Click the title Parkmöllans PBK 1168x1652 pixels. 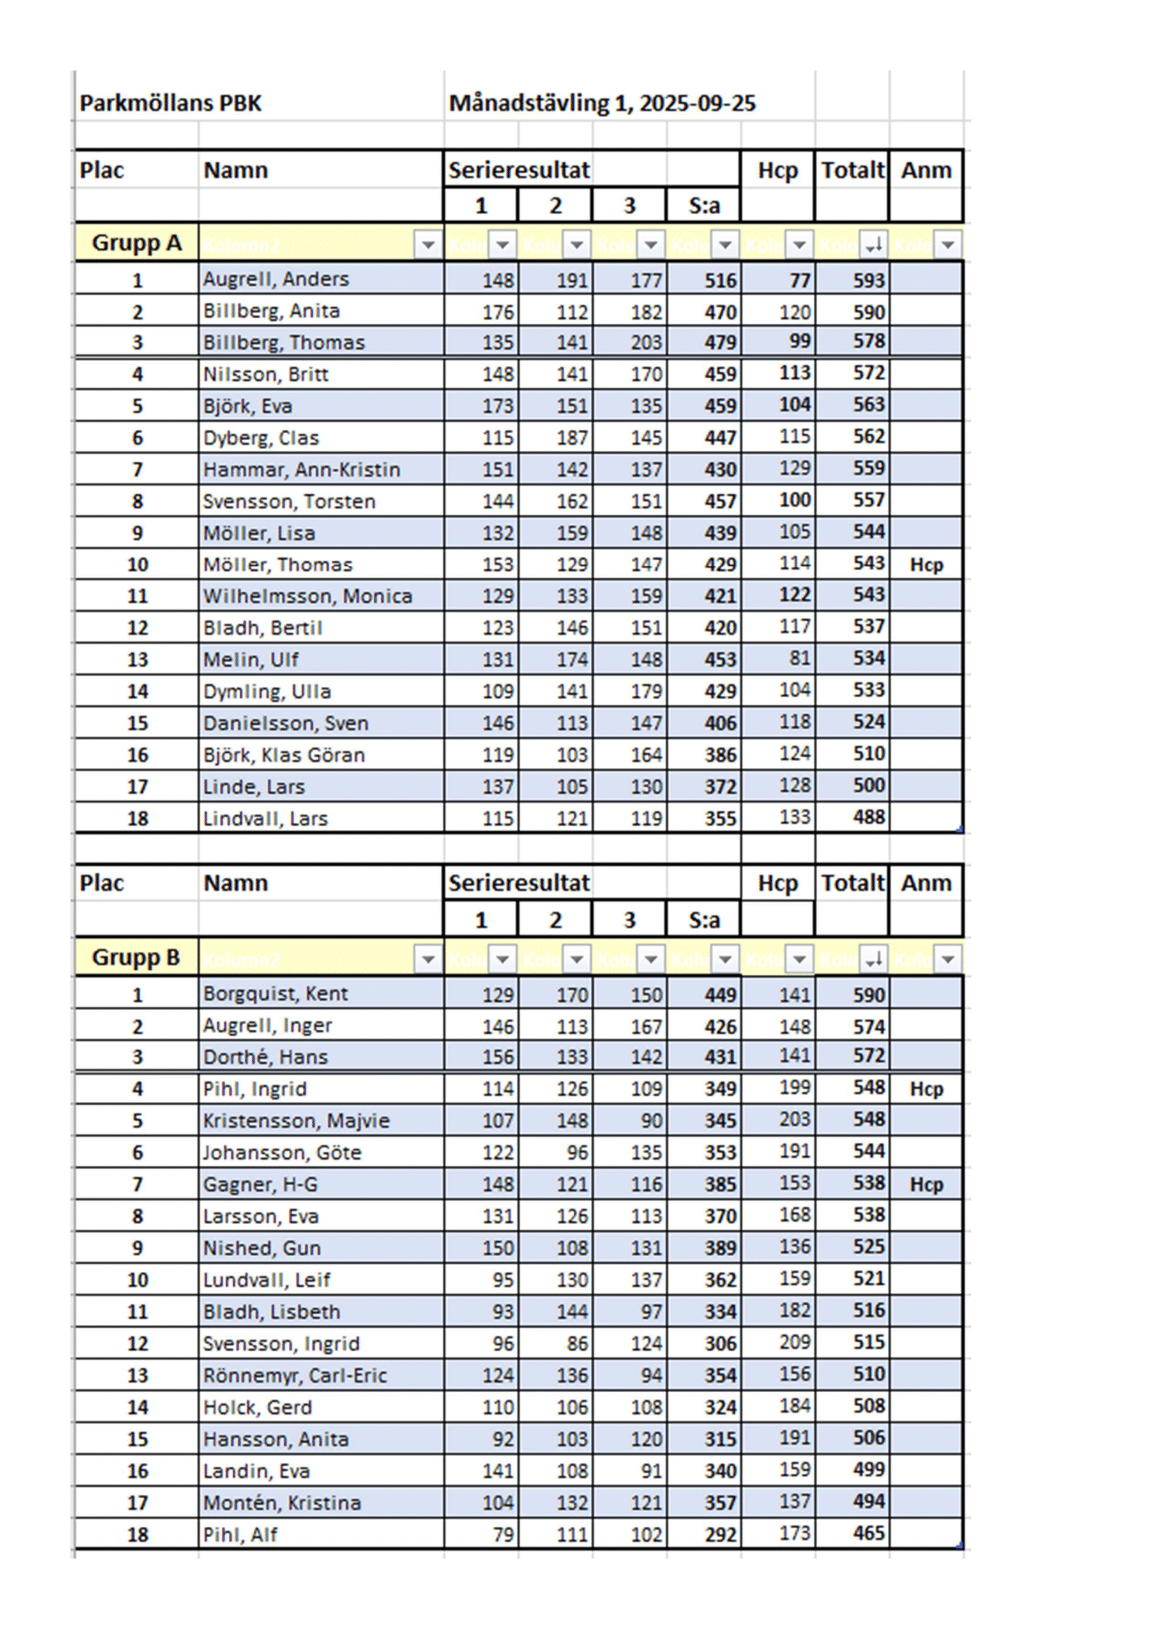[x=170, y=104]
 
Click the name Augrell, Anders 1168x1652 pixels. [x=275, y=279]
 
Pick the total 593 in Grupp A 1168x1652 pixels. [x=869, y=280]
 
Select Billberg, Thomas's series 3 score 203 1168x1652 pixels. [x=646, y=343]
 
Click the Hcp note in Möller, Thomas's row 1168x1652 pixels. [x=926, y=565]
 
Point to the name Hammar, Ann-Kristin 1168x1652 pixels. [x=301, y=470]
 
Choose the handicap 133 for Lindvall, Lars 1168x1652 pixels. [x=794, y=817]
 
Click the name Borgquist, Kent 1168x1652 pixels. [x=275, y=994]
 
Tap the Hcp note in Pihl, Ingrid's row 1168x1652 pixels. [x=926, y=1088]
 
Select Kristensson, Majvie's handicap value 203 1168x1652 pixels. [x=794, y=1119]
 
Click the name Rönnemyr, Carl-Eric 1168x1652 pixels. [x=294, y=1375]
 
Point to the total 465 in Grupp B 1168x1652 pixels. [x=869, y=1533]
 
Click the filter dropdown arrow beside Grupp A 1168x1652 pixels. [x=428, y=244]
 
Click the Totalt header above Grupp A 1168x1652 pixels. [x=852, y=170]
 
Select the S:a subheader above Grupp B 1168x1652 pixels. [x=703, y=920]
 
